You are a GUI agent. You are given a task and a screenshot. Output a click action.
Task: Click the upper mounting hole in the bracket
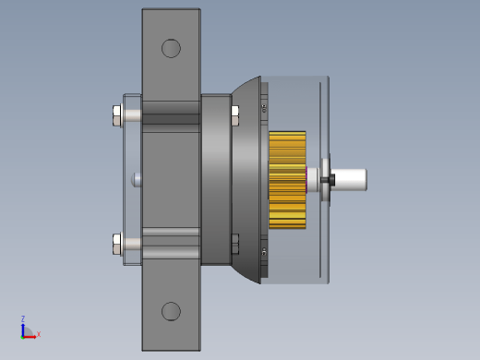point(171,48)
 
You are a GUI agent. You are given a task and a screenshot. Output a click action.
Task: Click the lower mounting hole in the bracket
point(171,311)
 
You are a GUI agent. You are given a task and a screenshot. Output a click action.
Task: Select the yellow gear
point(287,180)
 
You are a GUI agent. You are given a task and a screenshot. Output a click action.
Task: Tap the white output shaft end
point(349,180)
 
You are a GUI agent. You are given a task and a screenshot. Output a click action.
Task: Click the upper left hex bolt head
point(116,115)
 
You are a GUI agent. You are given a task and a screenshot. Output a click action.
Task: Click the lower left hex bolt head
point(116,244)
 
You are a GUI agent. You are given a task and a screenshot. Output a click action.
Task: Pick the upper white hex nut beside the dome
point(234,115)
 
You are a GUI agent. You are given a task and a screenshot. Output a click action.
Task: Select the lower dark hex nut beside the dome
point(234,244)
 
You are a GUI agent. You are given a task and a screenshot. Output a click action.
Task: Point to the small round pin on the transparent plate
point(136,180)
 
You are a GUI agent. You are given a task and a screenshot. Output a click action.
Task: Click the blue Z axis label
point(23,318)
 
